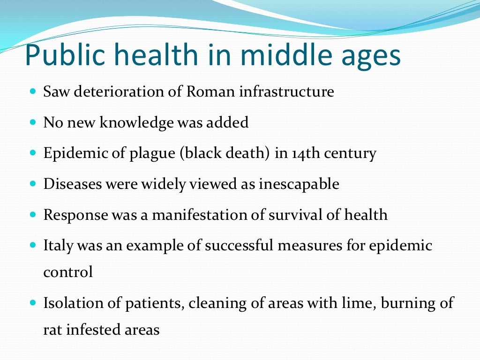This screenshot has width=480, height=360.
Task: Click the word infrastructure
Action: [286, 91]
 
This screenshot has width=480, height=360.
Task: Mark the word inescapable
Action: [299, 184]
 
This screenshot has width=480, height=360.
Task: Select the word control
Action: [68, 272]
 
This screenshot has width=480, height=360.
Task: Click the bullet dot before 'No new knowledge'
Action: [33, 123]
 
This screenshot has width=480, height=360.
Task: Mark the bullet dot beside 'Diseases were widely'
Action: [33, 184]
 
